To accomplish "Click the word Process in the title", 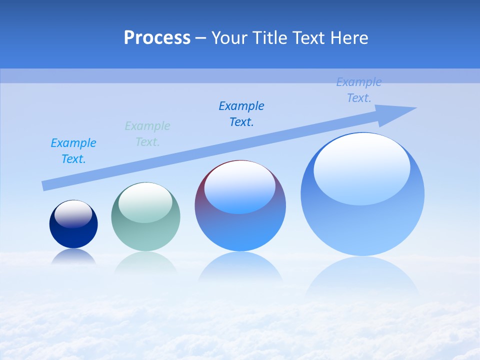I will [157, 38].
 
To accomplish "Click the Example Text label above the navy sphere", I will [73, 151].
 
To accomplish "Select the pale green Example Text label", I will [147, 134].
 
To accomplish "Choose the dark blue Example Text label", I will [241, 114].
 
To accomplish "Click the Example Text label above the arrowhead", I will [359, 90].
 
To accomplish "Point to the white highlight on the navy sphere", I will [73, 214].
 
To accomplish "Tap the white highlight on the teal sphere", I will [145, 202].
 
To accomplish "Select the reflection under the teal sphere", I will [145, 262].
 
